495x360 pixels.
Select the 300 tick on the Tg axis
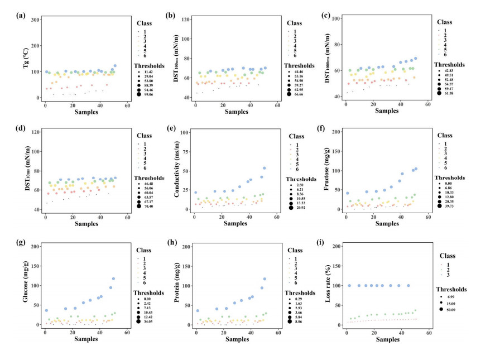(x=35, y=20)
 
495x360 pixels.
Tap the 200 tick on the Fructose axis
(x=337, y=132)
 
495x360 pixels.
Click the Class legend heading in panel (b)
(x=295, y=23)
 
